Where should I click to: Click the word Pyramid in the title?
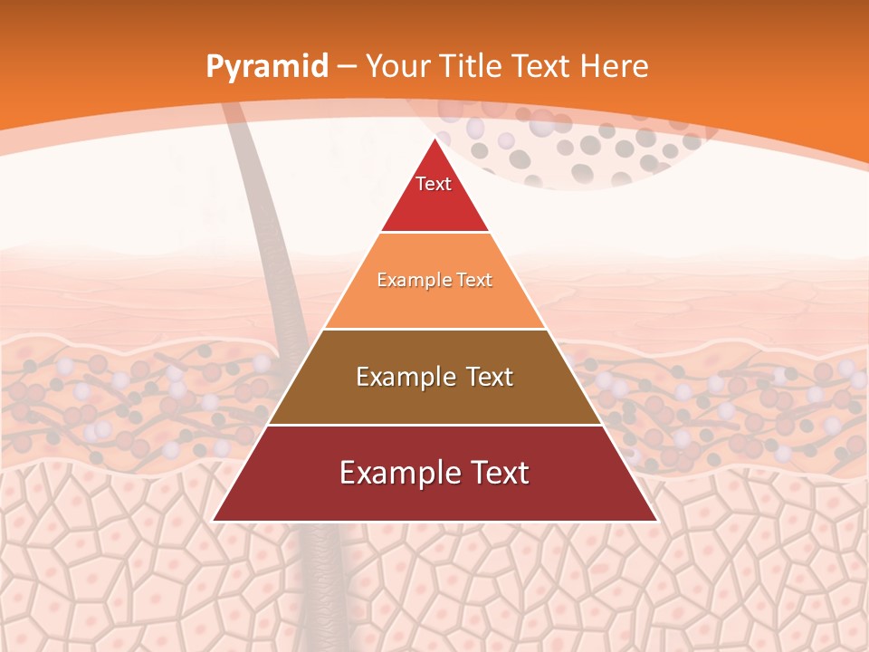(x=266, y=67)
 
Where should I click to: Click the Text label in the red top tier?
(x=434, y=184)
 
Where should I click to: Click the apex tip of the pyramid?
(x=434, y=139)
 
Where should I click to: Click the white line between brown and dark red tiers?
(x=434, y=425)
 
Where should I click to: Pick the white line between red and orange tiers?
(x=434, y=233)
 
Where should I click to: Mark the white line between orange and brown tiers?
(x=434, y=329)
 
